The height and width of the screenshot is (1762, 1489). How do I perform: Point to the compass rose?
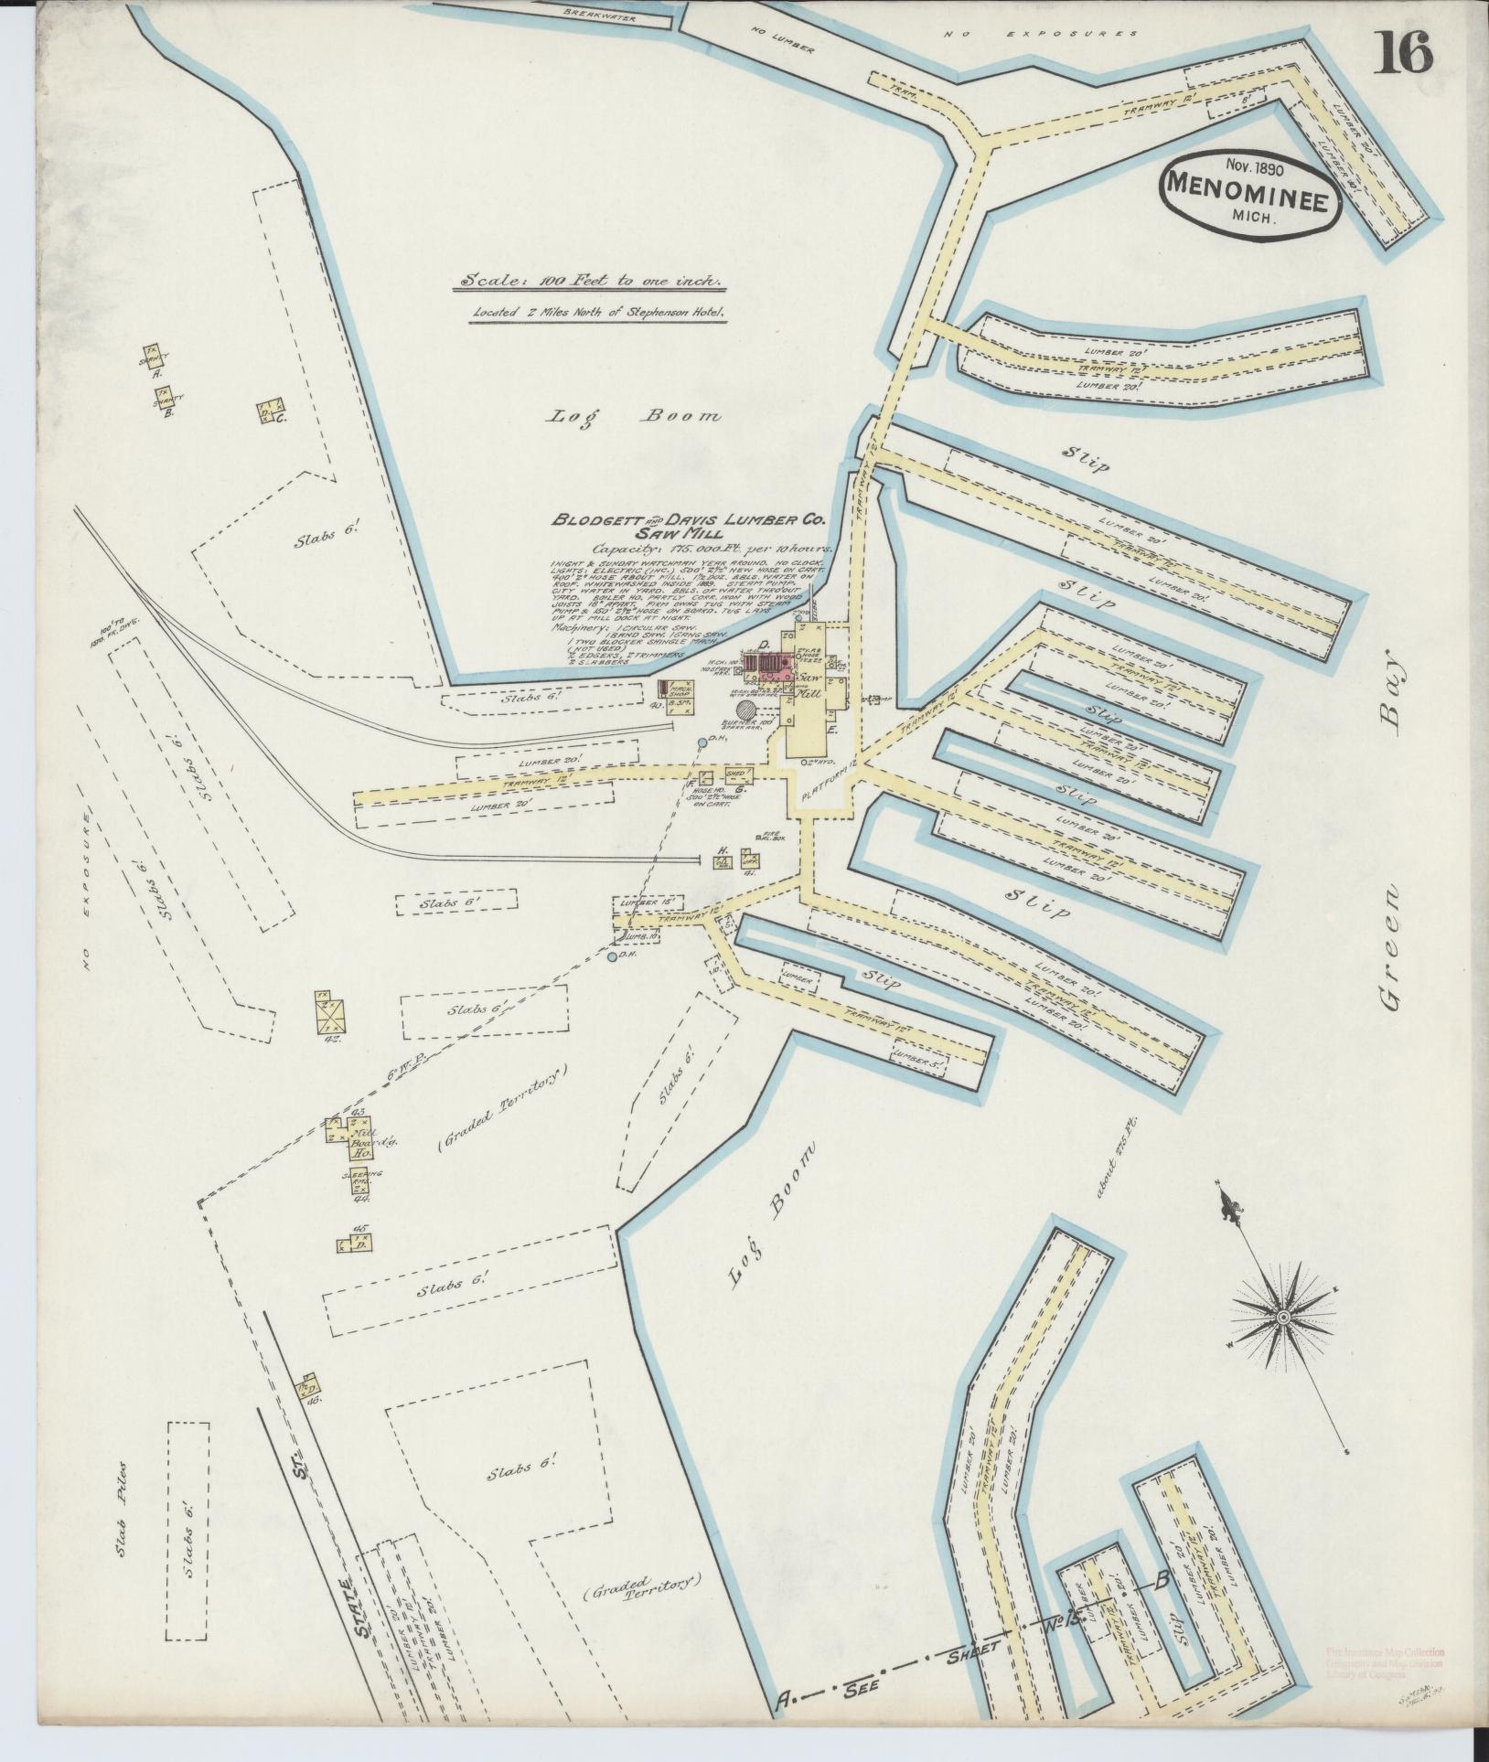[x=1282, y=1316]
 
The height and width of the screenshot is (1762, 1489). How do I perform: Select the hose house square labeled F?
[x=706, y=776]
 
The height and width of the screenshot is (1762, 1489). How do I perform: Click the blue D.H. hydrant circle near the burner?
[x=702, y=742]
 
